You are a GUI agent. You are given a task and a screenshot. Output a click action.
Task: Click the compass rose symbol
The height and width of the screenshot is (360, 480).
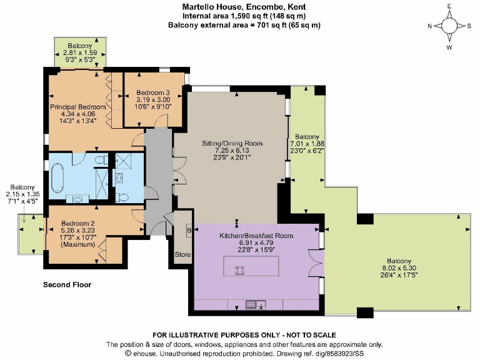(x=449, y=26)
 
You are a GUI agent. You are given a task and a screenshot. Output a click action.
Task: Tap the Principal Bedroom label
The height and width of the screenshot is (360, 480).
(x=78, y=106)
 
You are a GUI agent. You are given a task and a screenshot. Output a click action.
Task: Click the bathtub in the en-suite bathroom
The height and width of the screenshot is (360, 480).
(x=57, y=178)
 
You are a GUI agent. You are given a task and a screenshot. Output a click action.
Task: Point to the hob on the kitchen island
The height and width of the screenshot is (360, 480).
(x=239, y=271)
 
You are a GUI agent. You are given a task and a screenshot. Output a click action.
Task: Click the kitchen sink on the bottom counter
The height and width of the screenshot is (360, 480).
(x=256, y=304)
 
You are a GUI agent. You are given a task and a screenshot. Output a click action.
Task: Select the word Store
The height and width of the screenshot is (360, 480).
(x=182, y=254)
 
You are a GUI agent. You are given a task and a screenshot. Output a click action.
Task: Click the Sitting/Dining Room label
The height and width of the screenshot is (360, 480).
(x=232, y=143)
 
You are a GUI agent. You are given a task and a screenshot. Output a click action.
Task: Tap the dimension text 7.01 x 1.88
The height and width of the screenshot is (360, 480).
(x=307, y=143)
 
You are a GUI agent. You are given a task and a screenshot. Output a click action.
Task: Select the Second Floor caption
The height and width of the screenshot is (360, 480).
(x=67, y=284)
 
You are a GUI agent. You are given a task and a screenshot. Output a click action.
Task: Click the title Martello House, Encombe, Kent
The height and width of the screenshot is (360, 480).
(x=244, y=7)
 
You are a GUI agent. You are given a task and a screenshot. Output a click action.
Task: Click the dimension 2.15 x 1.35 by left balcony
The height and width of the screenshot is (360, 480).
(x=22, y=194)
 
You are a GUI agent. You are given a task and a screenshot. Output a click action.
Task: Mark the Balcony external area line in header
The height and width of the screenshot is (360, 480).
(x=244, y=25)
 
